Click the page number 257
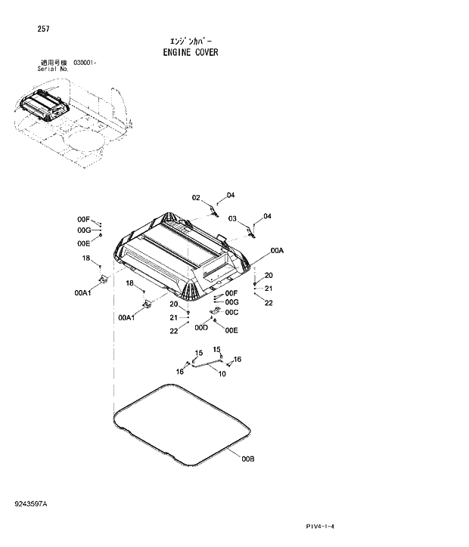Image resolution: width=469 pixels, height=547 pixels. pyautogui.click(x=43, y=29)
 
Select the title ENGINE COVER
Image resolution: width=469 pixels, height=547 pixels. pyautogui.click(x=191, y=53)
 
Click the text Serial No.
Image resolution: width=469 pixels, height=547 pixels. pyautogui.click(x=53, y=69)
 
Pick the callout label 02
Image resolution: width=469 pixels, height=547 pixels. pyautogui.click(x=196, y=198)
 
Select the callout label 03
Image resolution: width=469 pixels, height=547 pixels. pyautogui.click(x=233, y=219)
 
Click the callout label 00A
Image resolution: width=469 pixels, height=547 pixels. pyautogui.click(x=276, y=250)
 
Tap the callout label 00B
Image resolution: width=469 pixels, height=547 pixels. pyautogui.click(x=247, y=459)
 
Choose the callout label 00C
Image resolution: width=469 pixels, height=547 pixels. pyautogui.click(x=231, y=312)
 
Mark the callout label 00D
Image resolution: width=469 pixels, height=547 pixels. pyautogui.click(x=200, y=329)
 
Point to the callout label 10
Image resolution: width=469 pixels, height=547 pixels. pyautogui.click(x=222, y=374)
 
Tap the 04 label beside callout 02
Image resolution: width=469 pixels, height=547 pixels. pyautogui.click(x=231, y=195)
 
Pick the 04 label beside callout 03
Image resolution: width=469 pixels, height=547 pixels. pyautogui.click(x=267, y=217)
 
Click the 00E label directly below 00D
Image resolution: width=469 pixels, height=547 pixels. pyautogui.click(x=231, y=330)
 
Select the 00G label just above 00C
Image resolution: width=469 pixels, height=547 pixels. pyautogui.click(x=231, y=302)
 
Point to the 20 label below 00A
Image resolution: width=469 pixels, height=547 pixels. pyautogui.click(x=269, y=275)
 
